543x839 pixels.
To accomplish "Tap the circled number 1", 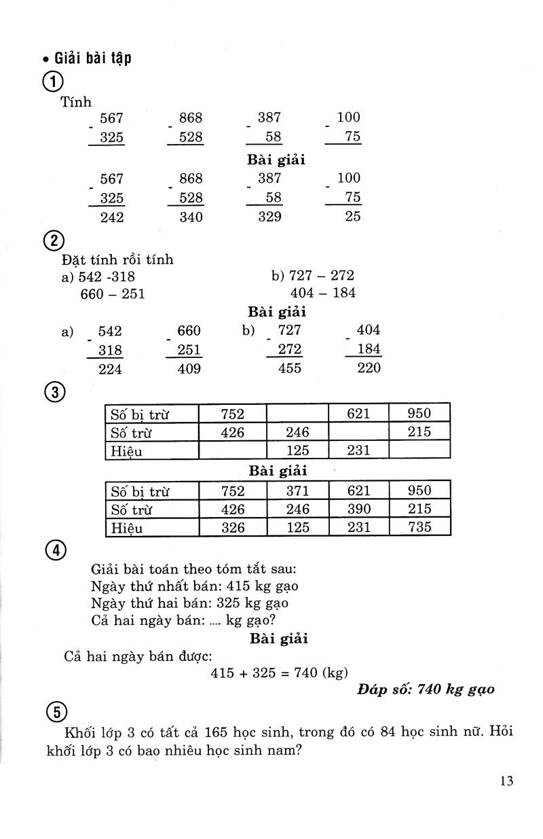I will coord(52,82).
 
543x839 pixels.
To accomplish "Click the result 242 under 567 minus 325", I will coord(112,217).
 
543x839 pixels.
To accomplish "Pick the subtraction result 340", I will coord(191,217).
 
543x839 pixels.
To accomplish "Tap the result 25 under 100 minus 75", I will coord(353,217).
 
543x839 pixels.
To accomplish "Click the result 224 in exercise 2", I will coord(112,368).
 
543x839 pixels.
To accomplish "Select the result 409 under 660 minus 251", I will coord(189,368).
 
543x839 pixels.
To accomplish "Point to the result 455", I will coord(290,368).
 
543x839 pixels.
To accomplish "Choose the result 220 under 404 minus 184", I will coord(369,368).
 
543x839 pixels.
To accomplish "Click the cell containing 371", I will coord(297,491).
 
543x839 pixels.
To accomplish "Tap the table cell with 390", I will coord(358,509).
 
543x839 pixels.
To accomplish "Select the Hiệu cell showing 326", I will coord(233,526).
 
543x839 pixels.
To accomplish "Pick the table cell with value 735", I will coord(419,526).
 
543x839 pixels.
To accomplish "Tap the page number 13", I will coord(506,781).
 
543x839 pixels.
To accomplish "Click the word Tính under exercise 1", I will coord(76,102).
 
